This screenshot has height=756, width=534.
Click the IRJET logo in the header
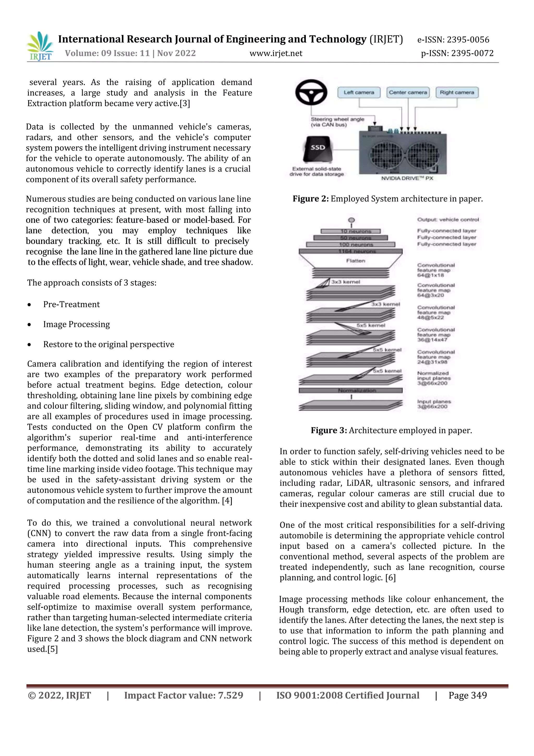click(x=40, y=46)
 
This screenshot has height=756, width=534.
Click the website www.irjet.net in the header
click(x=276, y=53)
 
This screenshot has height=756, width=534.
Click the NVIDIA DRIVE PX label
click(x=407, y=178)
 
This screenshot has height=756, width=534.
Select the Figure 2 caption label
click(x=311, y=199)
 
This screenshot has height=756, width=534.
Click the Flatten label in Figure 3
click(x=355, y=261)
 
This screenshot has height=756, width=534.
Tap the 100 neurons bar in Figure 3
click(x=350, y=245)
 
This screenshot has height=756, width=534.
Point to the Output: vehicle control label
click(x=448, y=220)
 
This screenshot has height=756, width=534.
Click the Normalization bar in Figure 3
click(x=350, y=390)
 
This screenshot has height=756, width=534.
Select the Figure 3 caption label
click(x=329, y=430)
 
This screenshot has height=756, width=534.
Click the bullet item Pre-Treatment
click(x=71, y=304)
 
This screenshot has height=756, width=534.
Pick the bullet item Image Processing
click(x=76, y=324)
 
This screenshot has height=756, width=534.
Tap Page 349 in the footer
click(x=467, y=695)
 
